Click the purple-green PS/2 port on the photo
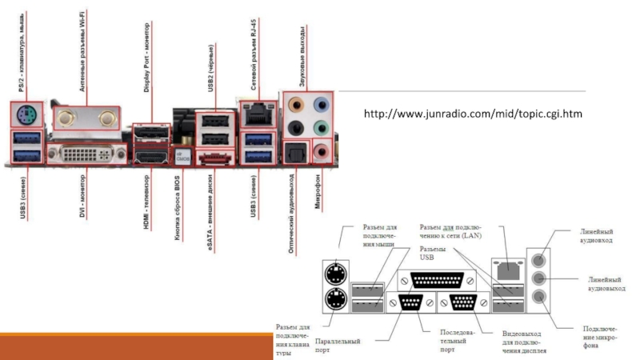(25, 115)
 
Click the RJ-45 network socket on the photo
(256, 114)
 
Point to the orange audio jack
(297, 103)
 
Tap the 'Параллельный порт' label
(337, 345)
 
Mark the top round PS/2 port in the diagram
(335, 275)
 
